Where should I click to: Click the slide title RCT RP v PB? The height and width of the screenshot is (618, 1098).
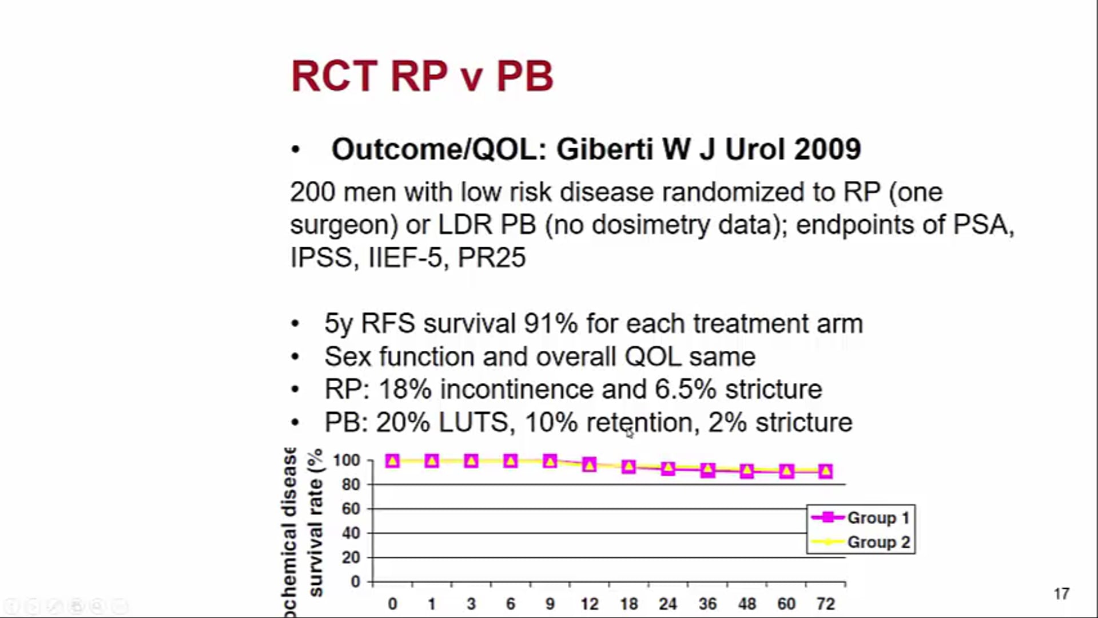[x=422, y=76]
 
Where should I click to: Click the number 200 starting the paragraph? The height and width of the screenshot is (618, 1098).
[x=312, y=192]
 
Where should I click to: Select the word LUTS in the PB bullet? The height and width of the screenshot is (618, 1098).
[x=473, y=423]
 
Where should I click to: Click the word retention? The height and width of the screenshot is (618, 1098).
[x=639, y=423]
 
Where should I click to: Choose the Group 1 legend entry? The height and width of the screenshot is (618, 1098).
[x=861, y=518]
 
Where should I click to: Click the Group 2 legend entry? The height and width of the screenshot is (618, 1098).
[x=861, y=542]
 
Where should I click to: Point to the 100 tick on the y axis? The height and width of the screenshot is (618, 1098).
[x=347, y=461]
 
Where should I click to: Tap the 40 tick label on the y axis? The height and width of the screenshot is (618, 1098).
[x=351, y=533]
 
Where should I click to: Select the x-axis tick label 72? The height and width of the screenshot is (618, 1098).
[x=825, y=604]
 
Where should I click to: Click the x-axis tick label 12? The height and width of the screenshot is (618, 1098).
[x=589, y=604]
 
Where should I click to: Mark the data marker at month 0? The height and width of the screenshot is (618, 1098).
[x=392, y=461]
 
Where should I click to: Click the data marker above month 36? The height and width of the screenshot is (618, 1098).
[x=707, y=470]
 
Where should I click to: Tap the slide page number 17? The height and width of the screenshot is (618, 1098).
[x=1061, y=594]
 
